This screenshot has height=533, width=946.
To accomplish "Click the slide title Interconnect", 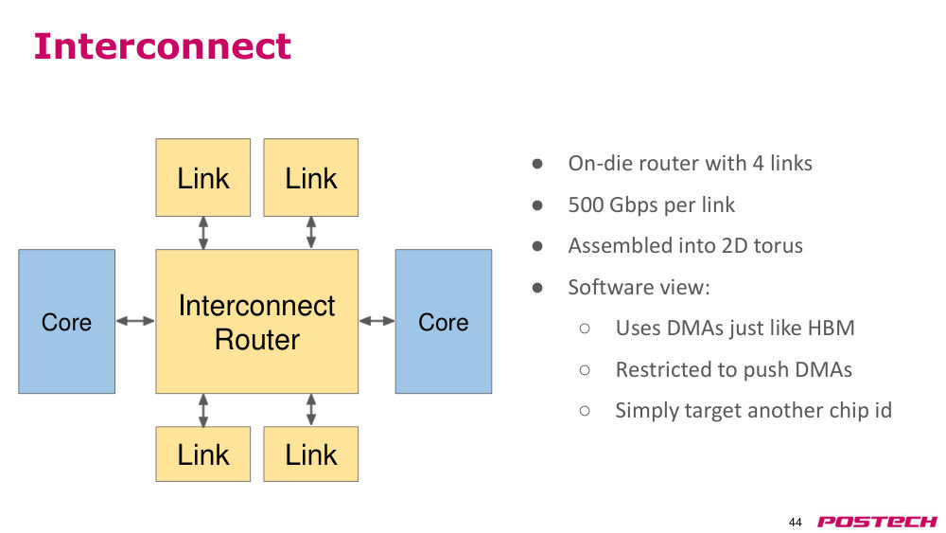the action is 163,45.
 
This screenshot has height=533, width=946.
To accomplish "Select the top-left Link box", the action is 202,177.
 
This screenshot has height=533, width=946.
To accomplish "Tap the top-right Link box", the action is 310,177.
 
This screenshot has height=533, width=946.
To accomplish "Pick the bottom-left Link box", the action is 202,453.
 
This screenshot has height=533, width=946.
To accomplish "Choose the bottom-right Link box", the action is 310,453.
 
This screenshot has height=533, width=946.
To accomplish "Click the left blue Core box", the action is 66,321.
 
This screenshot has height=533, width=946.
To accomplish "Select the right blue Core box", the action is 444,321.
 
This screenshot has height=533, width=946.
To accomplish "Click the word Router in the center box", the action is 257,339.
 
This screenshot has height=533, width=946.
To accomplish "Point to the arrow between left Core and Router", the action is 135,321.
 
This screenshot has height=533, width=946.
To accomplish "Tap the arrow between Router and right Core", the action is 377,321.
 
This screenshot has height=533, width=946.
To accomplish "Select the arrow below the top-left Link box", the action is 203,233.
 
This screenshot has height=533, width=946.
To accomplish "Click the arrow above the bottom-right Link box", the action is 311,410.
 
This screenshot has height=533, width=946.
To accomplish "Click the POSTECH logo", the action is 877,522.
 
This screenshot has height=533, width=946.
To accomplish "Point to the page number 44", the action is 796,523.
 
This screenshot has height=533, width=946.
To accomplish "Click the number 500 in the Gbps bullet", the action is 586,204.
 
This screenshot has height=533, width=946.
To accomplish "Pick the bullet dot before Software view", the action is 537,287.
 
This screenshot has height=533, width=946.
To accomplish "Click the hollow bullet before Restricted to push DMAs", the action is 584,370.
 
